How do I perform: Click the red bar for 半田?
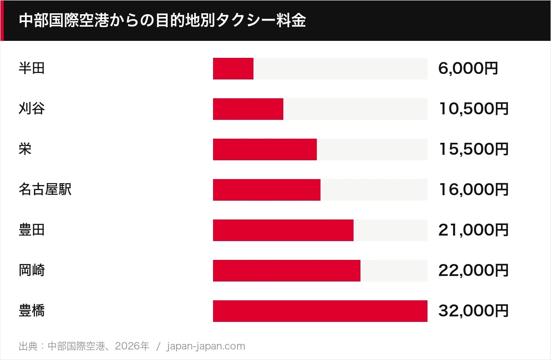click(233, 69)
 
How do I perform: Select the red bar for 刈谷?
click(248, 109)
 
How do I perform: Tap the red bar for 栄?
click(265, 149)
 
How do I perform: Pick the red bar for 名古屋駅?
click(267, 190)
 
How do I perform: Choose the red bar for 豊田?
click(283, 230)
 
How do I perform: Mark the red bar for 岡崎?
click(287, 270)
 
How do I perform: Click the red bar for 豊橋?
click(320, 311)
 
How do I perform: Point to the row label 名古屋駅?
click(45, 190)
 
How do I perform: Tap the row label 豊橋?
click(32, 310)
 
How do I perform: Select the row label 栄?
click(25, 149)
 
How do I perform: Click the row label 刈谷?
click(32, 108)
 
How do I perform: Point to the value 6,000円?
click(468, 68)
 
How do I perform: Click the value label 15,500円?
click(473, 149)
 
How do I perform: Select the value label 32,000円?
click(473, 310)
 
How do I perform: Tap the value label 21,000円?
click(473, 230)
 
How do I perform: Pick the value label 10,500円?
click(473, 109)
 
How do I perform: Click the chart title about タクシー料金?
click(163, 20)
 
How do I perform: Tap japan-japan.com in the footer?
click(206, 346)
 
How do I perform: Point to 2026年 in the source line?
click(132, 346)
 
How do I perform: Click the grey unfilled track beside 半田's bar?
click(340, 69)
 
